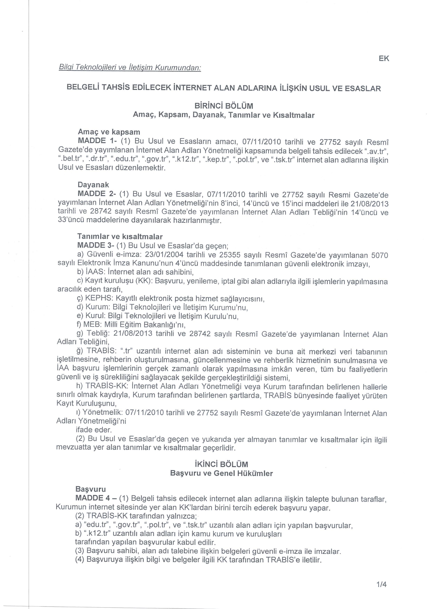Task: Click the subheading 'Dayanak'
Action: click(93, 185)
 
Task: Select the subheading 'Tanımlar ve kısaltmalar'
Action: click(120, 236)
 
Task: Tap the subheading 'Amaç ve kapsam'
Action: click(109, 132)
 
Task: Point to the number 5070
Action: click(380, 255)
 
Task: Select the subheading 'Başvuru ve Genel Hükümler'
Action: click(221, 473)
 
